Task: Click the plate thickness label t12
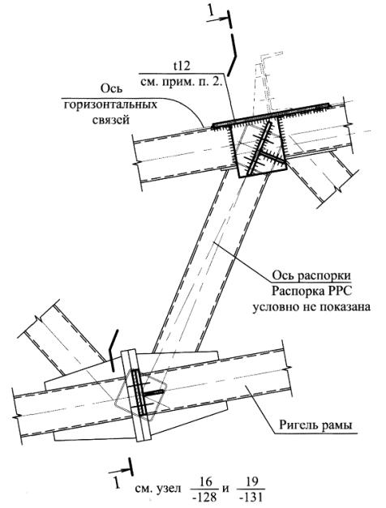pyautogui.click(x=182, y=66)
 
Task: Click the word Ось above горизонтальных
pyautogui.click(x=111, y=89)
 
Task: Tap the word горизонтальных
pyautogui.click(x=110, y=105)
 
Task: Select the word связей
pyautogui.click(x=111, y=120)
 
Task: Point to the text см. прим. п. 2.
pyautogui.click(x=181, y=82)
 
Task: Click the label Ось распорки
pyautogui.click(x=311, y=275)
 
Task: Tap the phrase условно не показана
pyautogui.click(x=311, y=306)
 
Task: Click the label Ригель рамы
pyautogui.click(x=315, y=425)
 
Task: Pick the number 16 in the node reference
pyautogui.click(x=204, y=483)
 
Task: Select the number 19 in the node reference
pyautogui.click(x=251, y=483)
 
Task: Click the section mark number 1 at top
pyautogui.click(x=211, y=11)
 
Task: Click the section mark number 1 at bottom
pyautogui.click(x=116, y=483)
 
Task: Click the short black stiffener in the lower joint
pyautogui.click(x=154, y=393)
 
